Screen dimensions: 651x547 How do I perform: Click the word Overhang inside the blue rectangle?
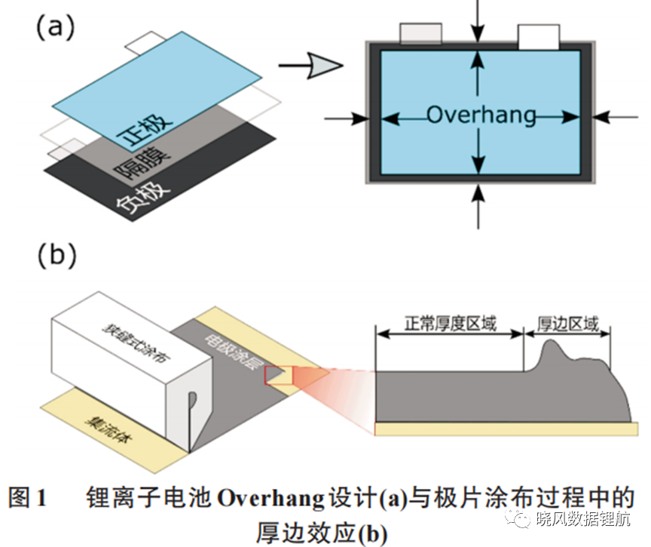(481, 115)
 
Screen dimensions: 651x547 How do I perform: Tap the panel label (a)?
(56, 26)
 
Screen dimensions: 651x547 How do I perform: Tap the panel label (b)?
(57, 254)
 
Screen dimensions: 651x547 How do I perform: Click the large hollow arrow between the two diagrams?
(311, 66)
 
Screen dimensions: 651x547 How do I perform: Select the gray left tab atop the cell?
(420, 33)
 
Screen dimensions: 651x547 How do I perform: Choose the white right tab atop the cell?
(539, 36)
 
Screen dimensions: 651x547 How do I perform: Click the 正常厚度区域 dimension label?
(450, 323)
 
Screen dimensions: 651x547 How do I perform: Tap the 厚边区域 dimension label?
(568, 324)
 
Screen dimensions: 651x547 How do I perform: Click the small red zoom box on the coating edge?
(279, 375)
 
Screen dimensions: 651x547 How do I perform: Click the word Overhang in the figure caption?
(270, 498)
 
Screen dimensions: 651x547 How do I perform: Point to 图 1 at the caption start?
(27, 497)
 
